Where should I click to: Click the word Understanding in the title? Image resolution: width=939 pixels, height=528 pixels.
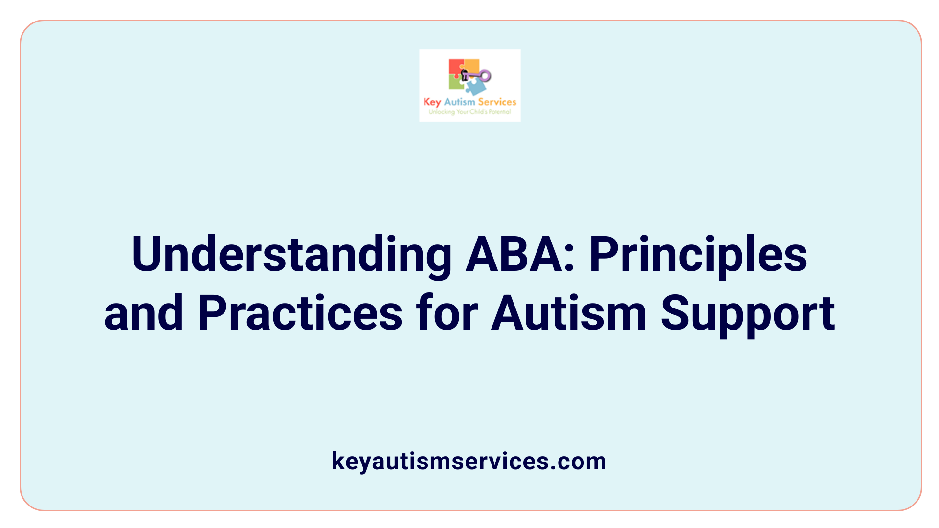tap(291, 255)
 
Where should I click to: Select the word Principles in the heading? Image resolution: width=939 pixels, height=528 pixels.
tap(698, 255)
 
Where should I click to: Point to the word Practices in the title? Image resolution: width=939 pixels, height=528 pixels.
tap(300, 313)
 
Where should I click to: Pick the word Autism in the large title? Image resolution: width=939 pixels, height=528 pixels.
tap(569, 313)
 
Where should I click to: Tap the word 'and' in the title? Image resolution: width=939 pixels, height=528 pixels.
tap(144, 313)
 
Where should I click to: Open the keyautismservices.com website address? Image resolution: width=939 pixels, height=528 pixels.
tap(469, 461)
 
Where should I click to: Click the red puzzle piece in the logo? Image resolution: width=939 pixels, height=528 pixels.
tap(455, 67)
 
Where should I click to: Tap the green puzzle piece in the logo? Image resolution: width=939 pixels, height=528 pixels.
tap(456, 84)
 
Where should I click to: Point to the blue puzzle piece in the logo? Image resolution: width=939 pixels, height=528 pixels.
tap(476, 87)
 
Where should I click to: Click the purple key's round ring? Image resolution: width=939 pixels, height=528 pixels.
tap(485, 76)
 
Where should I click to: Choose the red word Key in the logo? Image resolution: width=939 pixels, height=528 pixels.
tap(432, 102)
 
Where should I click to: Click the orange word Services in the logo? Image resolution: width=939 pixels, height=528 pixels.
tap(497, 102)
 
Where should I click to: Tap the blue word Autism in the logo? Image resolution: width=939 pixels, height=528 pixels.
tap(459, 102)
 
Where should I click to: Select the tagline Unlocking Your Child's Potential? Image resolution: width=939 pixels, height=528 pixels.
tap(469, 112)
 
